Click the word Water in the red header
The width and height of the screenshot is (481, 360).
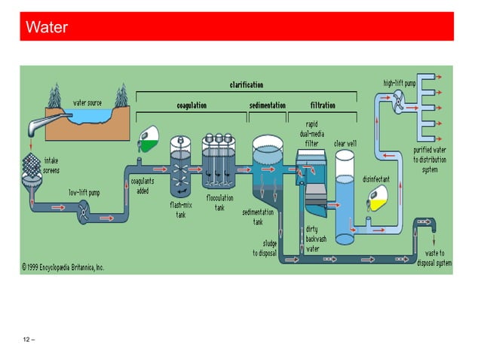coord(47,29)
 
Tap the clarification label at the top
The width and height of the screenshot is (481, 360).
coord(246,84)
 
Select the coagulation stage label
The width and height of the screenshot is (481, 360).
coord(191,105)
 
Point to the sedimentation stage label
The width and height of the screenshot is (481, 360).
coord(268,105)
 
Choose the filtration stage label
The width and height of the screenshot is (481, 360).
coord(323,105)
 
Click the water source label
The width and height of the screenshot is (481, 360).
coord(87,102)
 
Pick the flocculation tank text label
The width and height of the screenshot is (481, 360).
coord(219,203)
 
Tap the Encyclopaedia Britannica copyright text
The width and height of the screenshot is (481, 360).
coord(63,267)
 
